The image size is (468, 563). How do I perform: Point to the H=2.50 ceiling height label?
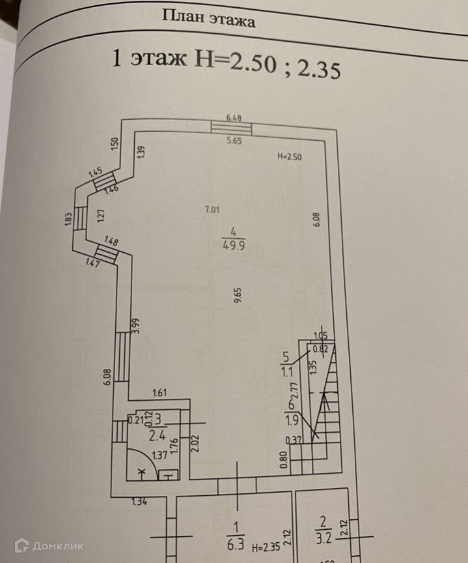289,156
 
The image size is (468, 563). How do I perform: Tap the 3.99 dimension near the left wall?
135,326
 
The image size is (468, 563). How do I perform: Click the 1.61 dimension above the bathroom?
159,392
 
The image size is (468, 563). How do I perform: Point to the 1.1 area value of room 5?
287,373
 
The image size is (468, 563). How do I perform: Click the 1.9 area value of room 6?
290,420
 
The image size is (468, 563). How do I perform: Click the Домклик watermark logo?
49,545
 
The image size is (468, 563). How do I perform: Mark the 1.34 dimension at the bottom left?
138,501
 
